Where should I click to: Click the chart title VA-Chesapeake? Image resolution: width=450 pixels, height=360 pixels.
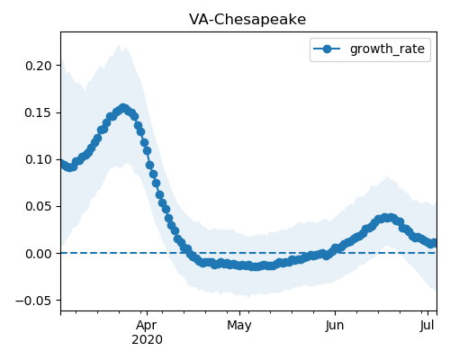click(247, 20)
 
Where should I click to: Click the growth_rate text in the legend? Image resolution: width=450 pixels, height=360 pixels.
click(387, 49)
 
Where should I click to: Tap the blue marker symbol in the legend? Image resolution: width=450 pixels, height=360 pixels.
click(327, 49)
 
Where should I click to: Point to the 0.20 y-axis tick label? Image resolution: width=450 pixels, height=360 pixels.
click(39, 66)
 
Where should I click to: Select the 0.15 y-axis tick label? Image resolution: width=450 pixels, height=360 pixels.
click(39, 112)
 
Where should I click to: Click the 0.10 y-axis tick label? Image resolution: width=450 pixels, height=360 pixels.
click(39, 159)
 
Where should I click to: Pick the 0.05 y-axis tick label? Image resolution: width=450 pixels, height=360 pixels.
click(39, 207)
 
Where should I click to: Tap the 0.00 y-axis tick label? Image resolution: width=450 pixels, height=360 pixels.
click(39, 254)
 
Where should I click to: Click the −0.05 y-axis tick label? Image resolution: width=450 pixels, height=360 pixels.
click(33, 301)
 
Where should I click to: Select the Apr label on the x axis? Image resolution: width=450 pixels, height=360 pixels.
click(147, 325)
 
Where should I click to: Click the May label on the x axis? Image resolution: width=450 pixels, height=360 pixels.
click(239, 325)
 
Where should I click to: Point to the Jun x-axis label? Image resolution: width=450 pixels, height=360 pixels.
click(335, 325)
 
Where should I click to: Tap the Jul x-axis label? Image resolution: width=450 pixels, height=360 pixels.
click(427, 325)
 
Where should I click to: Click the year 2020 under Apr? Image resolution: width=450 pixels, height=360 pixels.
click(147, 339)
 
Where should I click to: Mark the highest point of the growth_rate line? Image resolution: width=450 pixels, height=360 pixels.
click(123, 108)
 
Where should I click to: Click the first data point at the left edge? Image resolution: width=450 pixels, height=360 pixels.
click(62, 164)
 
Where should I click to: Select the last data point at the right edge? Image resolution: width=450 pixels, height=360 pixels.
click(434, 243)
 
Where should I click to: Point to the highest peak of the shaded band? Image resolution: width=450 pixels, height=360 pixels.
click(119, 45)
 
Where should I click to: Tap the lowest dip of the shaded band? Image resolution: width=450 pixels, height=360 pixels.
click(248, 297)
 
